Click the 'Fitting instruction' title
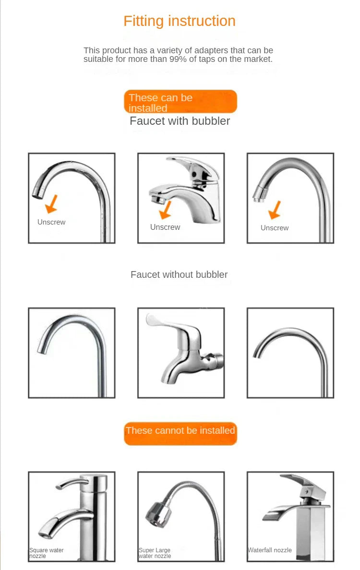pos(180,21)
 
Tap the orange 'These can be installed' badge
pos(180,102)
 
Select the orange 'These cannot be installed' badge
pos(180,431)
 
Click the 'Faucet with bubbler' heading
pos(180,121)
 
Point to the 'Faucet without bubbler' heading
pos(179,275)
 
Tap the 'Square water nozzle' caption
pos(47,553)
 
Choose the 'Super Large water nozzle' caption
pos(155,553)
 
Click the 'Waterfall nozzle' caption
pos(270,550)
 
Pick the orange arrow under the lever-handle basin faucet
pos(166,210)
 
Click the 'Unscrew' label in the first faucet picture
pos(51,222)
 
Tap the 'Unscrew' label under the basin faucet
pos(165,227)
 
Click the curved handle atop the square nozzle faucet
pos(72,482)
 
